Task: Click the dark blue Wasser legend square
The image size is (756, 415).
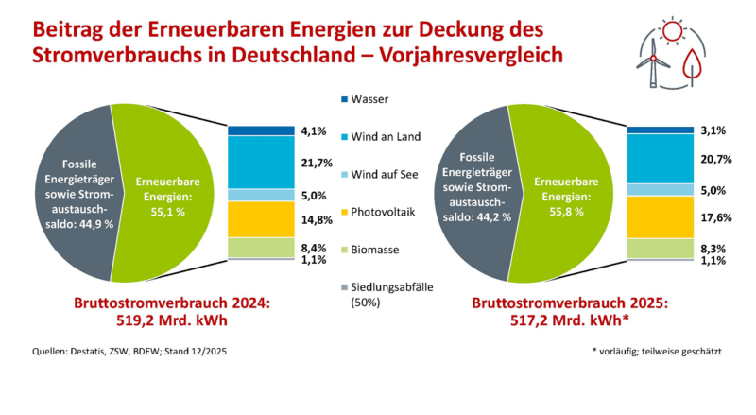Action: [x=344, y=98]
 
